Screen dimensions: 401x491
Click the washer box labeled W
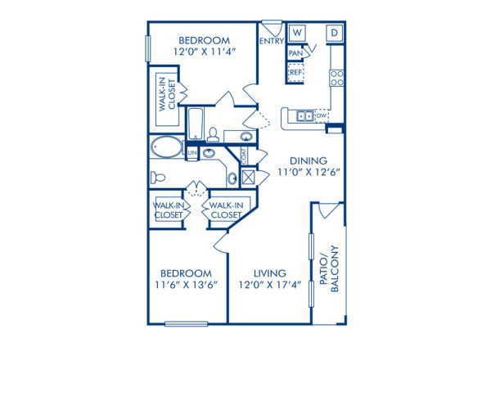297,33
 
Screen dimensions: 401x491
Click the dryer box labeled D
335,33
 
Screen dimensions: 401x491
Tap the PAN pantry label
295,53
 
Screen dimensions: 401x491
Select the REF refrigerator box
295,73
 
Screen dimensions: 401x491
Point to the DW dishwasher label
322,116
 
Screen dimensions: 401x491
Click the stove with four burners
336,78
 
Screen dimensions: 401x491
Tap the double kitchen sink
304,116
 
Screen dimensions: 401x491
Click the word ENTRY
270,40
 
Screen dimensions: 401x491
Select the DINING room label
309,161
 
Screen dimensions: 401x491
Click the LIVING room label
269,273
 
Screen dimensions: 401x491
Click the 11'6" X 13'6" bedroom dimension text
186,286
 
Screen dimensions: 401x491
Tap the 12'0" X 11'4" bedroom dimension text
205,52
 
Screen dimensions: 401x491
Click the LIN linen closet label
192,153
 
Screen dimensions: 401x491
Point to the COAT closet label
244,154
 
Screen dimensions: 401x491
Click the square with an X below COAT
247,177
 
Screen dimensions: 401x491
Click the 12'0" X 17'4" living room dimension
270,286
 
